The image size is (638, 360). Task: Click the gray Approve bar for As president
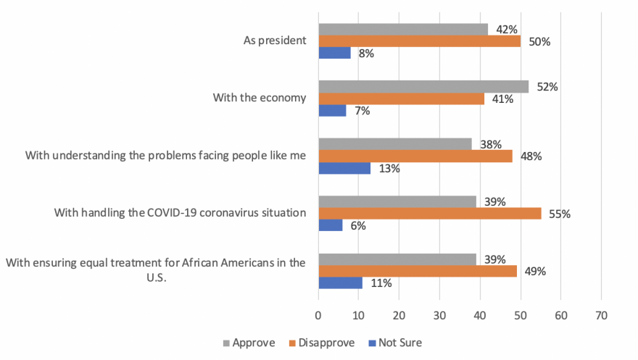pyautogui.click(x=403, y=29)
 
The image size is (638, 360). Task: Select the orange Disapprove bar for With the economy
pyautogui.click(x=401, y=99)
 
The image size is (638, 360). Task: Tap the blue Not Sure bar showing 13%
pyautogui.click(x=344, y=168)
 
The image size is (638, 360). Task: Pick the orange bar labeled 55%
pyautogui.click(x=429, y=214)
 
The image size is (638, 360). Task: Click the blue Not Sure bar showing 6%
pyautogui.click(x=330, y=225)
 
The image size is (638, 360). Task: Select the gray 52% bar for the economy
pyautogui.click(x=423, y=87)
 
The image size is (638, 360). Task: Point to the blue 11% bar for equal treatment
pyautogui.click(x=340, y=283)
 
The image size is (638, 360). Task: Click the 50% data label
pyautogui.click(x=539, y=41)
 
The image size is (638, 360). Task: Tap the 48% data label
pyautogui.click(x=531, y=156)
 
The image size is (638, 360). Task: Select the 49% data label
pyautogui.click(x=535, y=272)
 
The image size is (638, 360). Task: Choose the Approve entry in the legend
pyautogui.click(x=247, y=343)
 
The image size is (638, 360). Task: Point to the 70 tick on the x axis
pyautogui.click(x=600, y=315)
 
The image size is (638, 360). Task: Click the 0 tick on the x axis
pyautogui.click(x=318, y=315)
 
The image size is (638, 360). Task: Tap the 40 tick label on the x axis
pyautogui.click(x=479, y=315)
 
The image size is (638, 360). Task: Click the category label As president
pyautogui.click(x=274, y=40)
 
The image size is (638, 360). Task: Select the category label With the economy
pyautogui.click(x=260, y=98)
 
